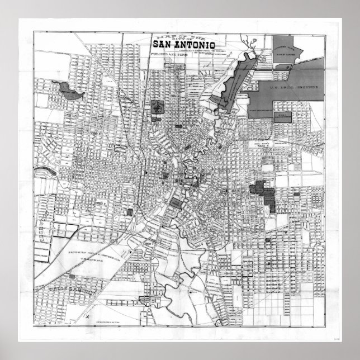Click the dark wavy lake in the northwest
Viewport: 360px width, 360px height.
click(x=67, y=89)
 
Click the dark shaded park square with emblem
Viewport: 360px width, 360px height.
click(x=158, y=107)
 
